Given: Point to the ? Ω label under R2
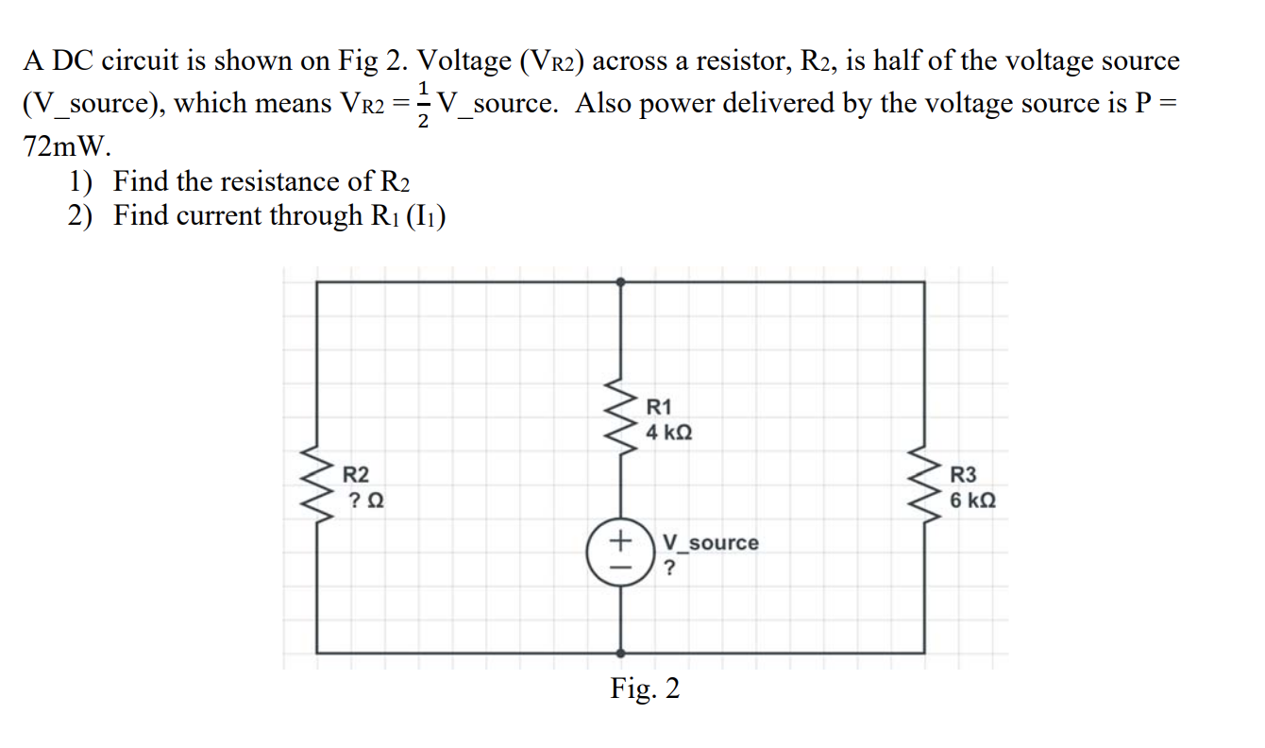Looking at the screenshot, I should [364, 500].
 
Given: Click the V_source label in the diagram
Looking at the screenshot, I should [710, 542].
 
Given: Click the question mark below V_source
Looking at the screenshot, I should [670, 568].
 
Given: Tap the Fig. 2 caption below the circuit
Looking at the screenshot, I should [645, 688].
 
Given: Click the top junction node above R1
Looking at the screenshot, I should [620, 280].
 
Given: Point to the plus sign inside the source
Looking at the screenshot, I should [620, 541].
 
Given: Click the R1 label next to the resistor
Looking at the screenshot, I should [659, 407].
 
